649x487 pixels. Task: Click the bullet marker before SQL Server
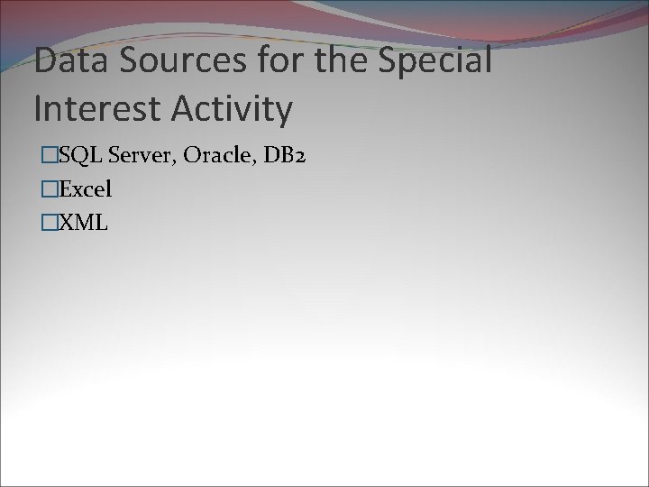pyautogui.click(x=50, y=157)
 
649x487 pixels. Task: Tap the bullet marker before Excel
pyautogui.click(x=50, y=189)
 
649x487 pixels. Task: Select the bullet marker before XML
pyautogui.click(x=50, y=222)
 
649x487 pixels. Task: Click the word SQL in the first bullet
pyautogui.click(x=79, y=157)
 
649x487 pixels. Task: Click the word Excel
pyautogui.click(x=85, y=189)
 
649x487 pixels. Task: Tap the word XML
pyautogui.click(x=83, y=222)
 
